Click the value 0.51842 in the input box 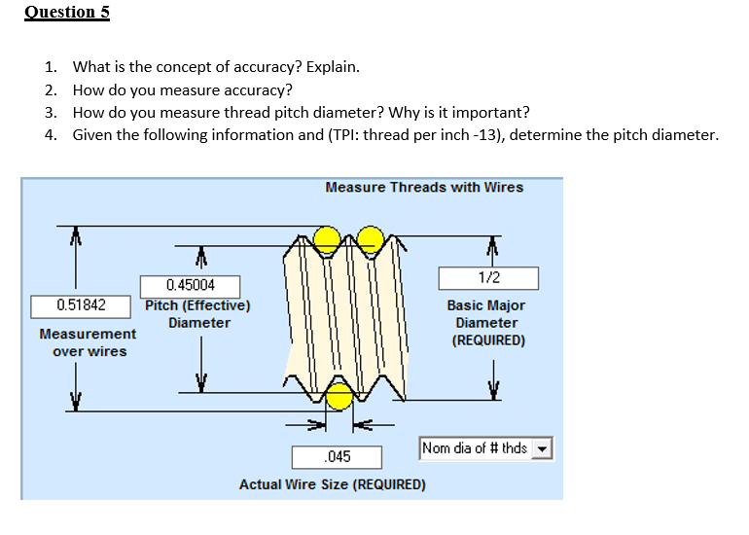(82, 305)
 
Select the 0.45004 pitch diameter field (190, 285)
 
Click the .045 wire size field (337, 456)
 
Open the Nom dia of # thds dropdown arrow (543, 449)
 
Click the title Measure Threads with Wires (423, 187)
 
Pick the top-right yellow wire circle (370, 236)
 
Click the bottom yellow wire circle (339, 397)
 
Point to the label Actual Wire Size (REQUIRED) (332, 484)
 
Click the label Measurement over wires (88, 342)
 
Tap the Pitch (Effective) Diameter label (198, 313)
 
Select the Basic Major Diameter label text (485, 313)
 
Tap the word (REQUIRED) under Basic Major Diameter (487, 340)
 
